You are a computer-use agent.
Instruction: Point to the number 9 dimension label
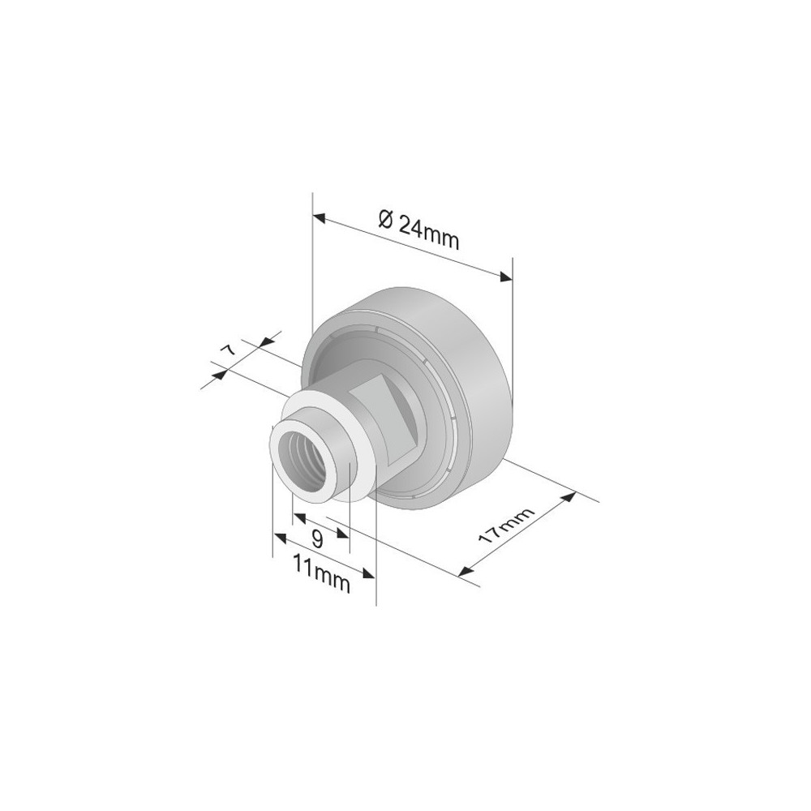317,537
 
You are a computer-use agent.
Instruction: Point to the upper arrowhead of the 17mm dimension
569,498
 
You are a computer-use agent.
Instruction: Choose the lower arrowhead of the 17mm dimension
466,571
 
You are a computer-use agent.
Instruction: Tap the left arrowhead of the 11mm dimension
278,538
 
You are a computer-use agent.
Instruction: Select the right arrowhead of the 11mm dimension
371,573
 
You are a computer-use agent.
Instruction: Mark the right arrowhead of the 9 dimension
344,534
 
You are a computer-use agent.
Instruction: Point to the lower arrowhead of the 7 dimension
217,375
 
